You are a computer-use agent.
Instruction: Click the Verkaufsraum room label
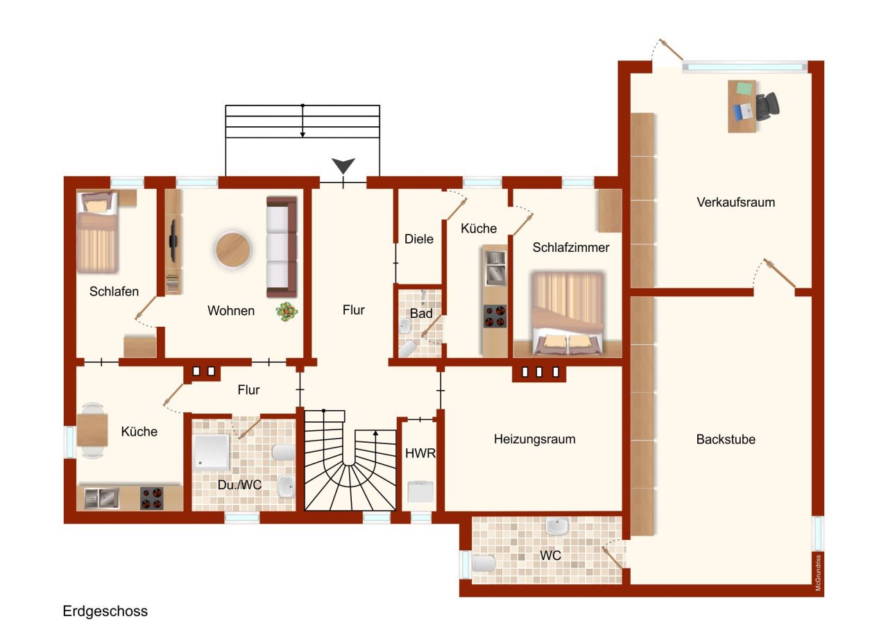[x=735, y=203]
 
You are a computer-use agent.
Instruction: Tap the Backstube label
[x=726, y=439]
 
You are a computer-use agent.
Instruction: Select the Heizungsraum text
[x=534, y=439]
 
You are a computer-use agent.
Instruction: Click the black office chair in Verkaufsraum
[x=767, y=106]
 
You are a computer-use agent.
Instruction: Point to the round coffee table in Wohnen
[x=232, y=250]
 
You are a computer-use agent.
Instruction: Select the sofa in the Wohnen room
[x=282, y=246]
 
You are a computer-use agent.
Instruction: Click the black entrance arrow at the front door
[x=343, y=166]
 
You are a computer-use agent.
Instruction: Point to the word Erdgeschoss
[x=105, y=611]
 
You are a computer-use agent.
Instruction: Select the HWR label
[x=420, y=454]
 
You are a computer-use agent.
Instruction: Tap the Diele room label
[x=419, y=239]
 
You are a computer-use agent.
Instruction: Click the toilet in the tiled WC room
[x=484, y=563]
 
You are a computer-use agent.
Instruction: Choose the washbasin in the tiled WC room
[x=556, y=527]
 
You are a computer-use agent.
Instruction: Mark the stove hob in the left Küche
[x=152, y=498]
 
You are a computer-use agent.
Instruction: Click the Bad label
[x=420, y=314]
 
